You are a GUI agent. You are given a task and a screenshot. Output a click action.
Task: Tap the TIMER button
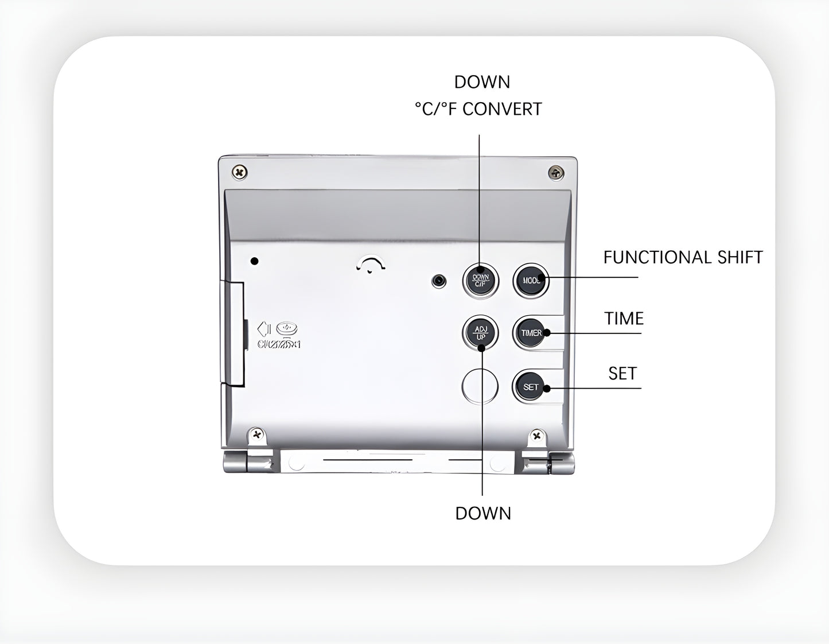click(531, 333)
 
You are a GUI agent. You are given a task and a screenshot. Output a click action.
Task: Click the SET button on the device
click(531, 387)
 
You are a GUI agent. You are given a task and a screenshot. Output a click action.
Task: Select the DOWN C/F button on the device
click(480, 280)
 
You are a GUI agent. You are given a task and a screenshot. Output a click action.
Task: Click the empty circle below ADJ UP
click(480, 386)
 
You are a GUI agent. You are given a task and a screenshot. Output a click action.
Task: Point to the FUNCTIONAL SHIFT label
click(683, 257)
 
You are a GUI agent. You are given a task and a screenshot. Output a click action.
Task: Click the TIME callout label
click(624, 319)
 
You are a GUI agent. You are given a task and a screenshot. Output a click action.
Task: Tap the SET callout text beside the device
click(622, 374)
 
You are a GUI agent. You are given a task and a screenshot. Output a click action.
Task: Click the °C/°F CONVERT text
click(478, 109)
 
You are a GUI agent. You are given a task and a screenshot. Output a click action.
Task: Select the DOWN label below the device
click(483, 513)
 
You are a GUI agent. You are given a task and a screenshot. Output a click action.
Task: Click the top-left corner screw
click(239, 172)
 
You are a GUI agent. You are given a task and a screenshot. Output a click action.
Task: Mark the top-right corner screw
click(556, 172)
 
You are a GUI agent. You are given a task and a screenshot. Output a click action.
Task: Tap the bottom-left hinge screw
click(257, 434)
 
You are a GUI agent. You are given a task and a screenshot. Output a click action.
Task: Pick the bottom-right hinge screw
click(537, 436)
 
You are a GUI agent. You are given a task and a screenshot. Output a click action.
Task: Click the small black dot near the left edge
click(255, 261)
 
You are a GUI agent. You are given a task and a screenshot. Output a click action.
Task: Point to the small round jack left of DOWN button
click(439, 281)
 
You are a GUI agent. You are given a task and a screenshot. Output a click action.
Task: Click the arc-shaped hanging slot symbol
click(371, 265)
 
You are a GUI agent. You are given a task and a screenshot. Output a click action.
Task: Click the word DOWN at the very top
click(482, 82)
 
